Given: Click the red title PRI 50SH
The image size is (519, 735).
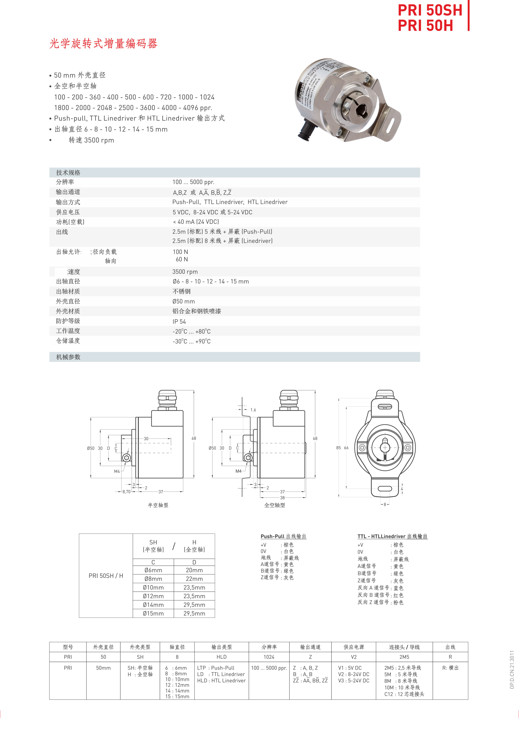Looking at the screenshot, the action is (x=430, y=10).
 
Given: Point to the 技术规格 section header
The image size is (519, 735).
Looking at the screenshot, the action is (x=68, y=173).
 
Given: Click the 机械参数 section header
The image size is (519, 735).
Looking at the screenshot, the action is (x=68, y=357).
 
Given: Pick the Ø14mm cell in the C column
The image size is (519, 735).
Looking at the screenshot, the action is (x=153, y=605).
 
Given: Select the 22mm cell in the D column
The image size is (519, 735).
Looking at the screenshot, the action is (x=194, y=579).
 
